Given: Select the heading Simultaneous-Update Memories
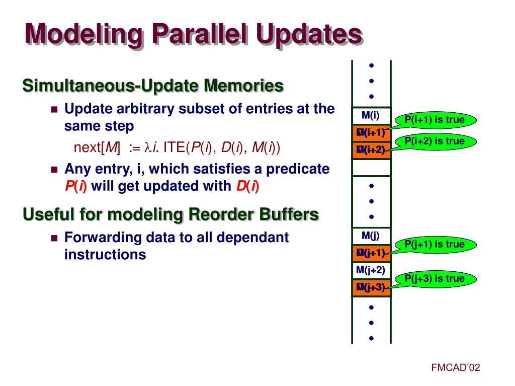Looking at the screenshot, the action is pyautogui.click(x=153, y=86).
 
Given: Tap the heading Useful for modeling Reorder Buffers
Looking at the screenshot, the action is pyautogui.click(x=170, y=214).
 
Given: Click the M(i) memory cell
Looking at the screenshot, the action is pyautogui.click(x=371, y=116).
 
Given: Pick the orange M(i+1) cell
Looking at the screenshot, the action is pyautogui.click(x=371, y=133).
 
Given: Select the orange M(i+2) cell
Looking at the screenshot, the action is pyautogui.click(x=371, y=150).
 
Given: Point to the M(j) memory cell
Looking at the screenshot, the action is pyautogui.click(x=371, y=235).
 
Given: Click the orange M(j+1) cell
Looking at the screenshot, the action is pyautogui.click(x=371, y=253).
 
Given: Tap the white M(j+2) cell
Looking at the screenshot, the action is pyautogui.click(x=371, y=270).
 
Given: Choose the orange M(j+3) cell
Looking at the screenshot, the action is pyautogui.click(x=371, y=287).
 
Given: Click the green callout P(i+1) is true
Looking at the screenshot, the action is pyautogui.click(x=435, y=120).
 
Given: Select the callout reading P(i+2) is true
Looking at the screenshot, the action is pyautogui.click(x=435, y=141).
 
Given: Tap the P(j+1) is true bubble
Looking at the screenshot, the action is pyautogui.click(x=435, y=245).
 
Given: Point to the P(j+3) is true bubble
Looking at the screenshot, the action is pyautogui.click(x=435, y=279).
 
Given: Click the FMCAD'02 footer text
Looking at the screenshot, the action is pyautogui.click(x=456, y=368).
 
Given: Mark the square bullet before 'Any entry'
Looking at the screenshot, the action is pyautogui.click(x=55, y=170).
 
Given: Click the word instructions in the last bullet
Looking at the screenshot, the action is pyautogui.click(x=105, y=255).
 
